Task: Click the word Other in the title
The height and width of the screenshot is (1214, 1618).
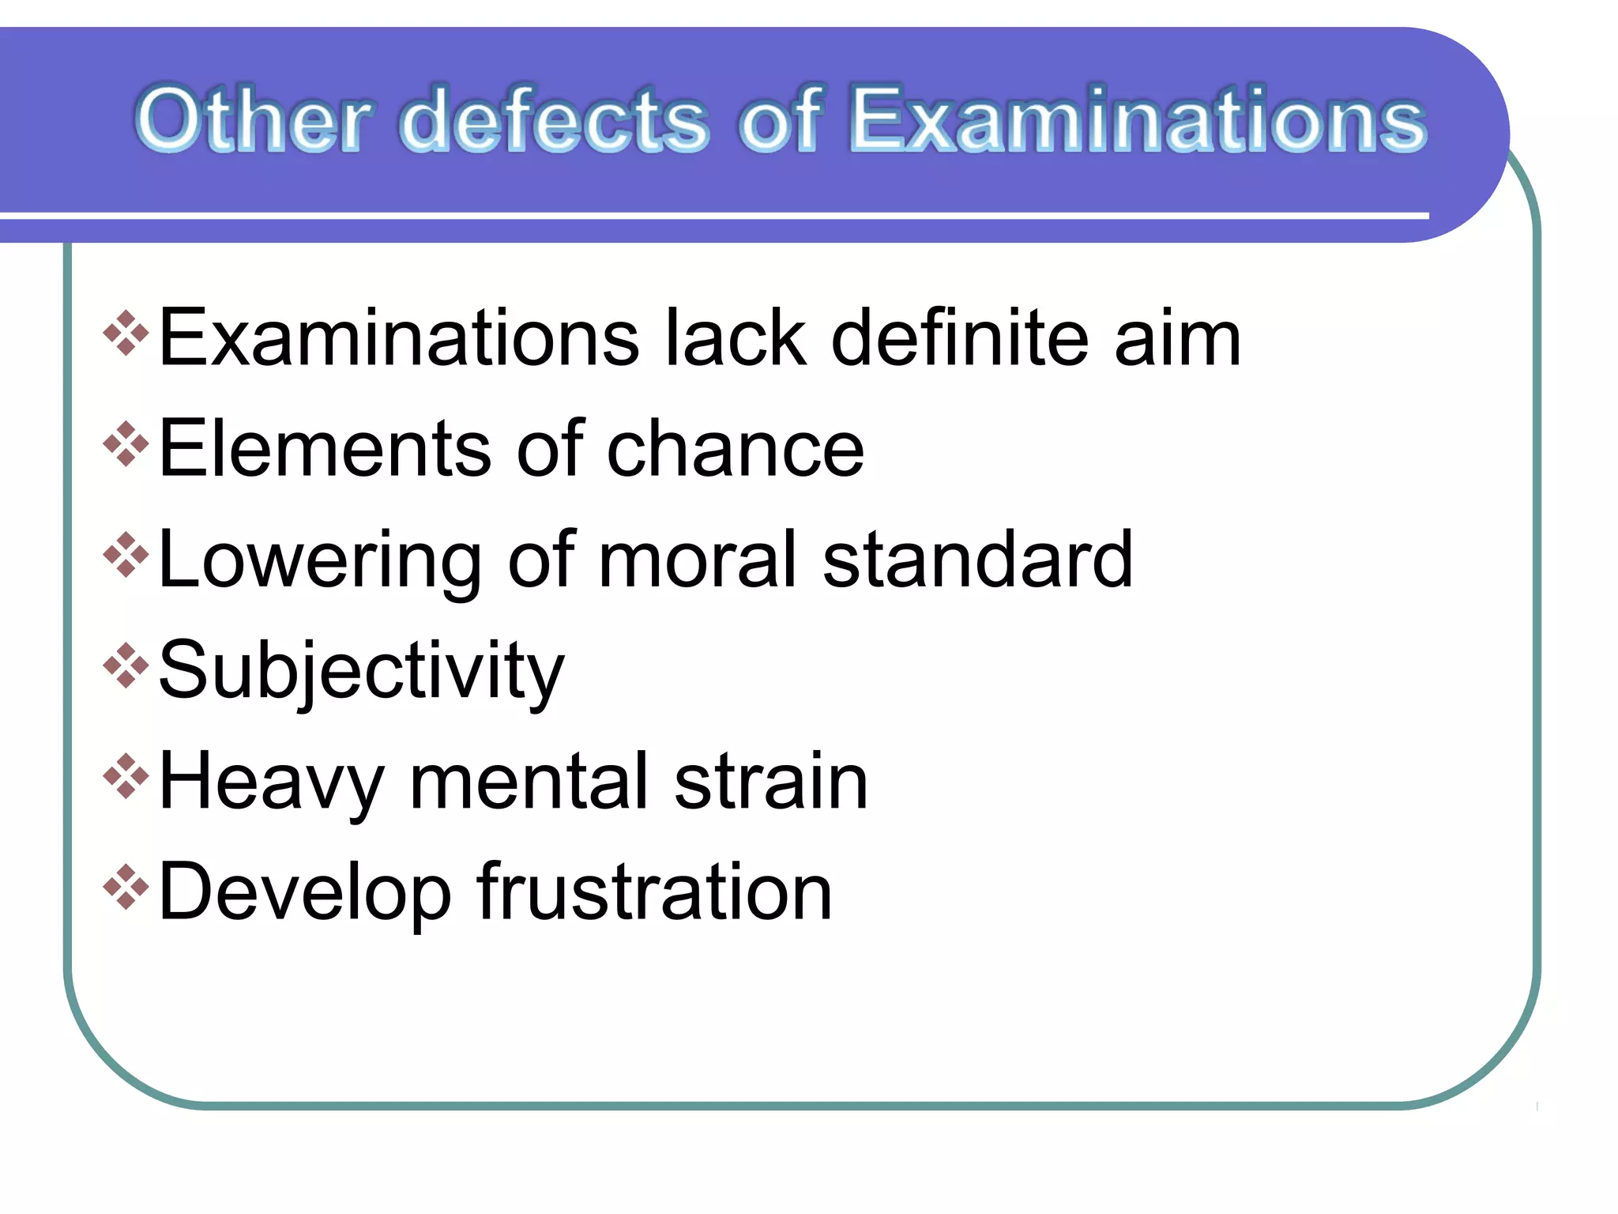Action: pyautogui.click(x=252, y=120)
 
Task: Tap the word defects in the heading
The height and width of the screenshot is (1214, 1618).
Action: pyautogui.click(x=555, y=120)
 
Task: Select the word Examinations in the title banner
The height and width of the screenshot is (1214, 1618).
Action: pyautogui.click(x=1138, y=120)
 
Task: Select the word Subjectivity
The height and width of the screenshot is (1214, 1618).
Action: pyautogui.click(x=362, y=672)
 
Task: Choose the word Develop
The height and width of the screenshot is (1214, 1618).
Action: pyautogui.click(x=305, y=893)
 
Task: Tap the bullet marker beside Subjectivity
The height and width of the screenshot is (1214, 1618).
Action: pyautogui.click(x=126, y=665)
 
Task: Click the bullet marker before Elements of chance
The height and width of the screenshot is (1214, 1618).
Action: pyautogui.click(x=126, y=444)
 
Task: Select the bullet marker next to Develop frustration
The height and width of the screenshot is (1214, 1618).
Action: pyautogui.click(x=126, y=887)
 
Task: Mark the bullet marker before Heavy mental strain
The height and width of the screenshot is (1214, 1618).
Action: pyautogui.click(x=126, y=776)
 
